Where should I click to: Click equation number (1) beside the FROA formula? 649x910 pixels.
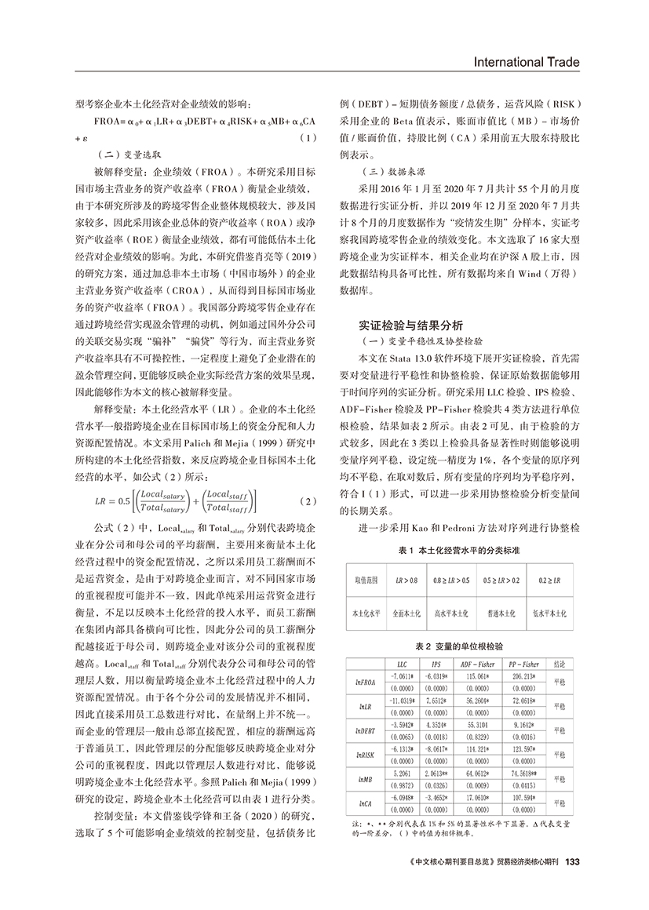coord(308,138)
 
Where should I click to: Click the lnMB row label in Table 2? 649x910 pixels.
coord(365,784)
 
